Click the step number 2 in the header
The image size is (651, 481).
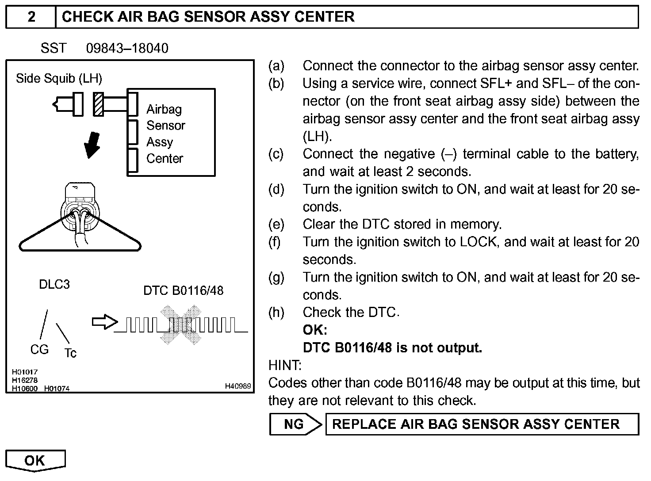[x=31, y=17]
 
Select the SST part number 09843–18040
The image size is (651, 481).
[x=127, y=48]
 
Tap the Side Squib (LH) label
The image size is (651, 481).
[x=59, y=79]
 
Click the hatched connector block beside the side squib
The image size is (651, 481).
[x=98, y=104]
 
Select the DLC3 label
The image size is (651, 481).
[x=54, y=284]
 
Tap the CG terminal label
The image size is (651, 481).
[x=39, y=350]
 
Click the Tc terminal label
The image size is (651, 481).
[x=70, y=353]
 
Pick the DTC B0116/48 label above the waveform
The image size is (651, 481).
[x=183, y=290]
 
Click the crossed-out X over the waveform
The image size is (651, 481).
[x=180, y=325]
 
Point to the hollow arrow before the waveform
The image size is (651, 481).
[x=104, y=322]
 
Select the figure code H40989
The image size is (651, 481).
[x=238, y=386]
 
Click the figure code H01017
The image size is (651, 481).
[x=25, y=372]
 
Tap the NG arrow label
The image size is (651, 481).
[x=295, y=424]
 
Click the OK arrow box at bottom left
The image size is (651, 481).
[x=35, y=461]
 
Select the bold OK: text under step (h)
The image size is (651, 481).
[x=315, y=330]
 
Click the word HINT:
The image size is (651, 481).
[x=285, y=365]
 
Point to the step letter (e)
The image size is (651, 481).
[x=276, y=225]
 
